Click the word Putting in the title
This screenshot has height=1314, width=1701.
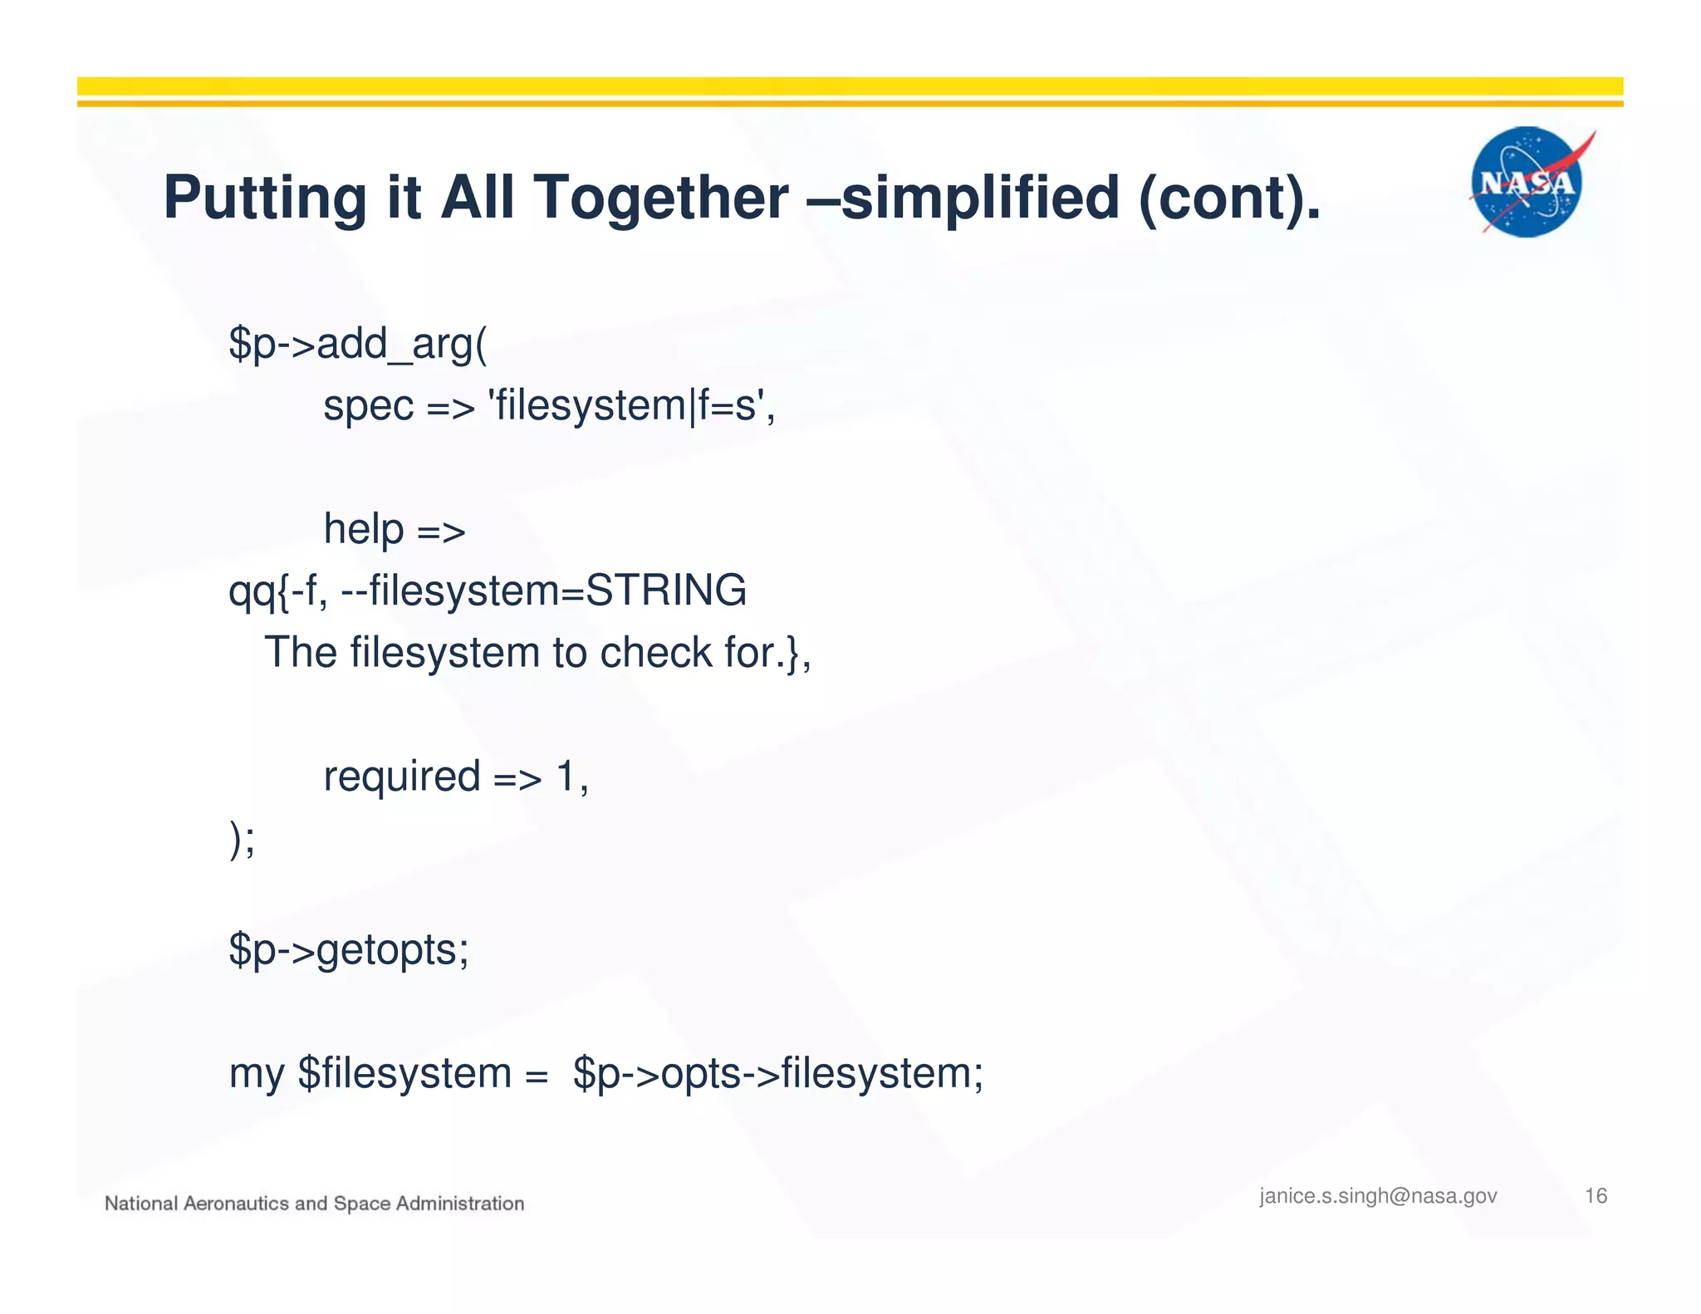[x=264, y=198]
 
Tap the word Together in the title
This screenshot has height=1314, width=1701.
[x=661, y=198]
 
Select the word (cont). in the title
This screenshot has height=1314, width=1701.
[x=1229, y=198]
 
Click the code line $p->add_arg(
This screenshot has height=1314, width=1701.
[x=358, y=343]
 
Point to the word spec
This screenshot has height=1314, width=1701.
[x=368, y=407]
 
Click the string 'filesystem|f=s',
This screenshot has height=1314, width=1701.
[x=634, y=406]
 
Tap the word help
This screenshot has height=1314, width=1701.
[x=363, y=528]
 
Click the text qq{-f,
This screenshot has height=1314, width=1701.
[x=277, y=591]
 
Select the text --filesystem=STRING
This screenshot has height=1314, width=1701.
[x=544, y=591]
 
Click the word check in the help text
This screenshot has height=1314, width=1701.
[x=655, y=653]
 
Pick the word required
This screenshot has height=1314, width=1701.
[x=402, y=777]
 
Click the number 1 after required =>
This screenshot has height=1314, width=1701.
[x=566, y=777]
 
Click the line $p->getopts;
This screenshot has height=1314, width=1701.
[x=349, y=949]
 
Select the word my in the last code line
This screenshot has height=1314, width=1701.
[x=256, y=1074]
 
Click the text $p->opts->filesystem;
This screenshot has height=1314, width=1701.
[x=777, y=1073]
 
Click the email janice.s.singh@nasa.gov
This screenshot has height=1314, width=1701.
[x=1377, y=1196]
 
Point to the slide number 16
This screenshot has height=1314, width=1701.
[x=1596, y=1196]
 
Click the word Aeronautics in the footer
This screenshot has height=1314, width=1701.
[x=236, y=1204]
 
